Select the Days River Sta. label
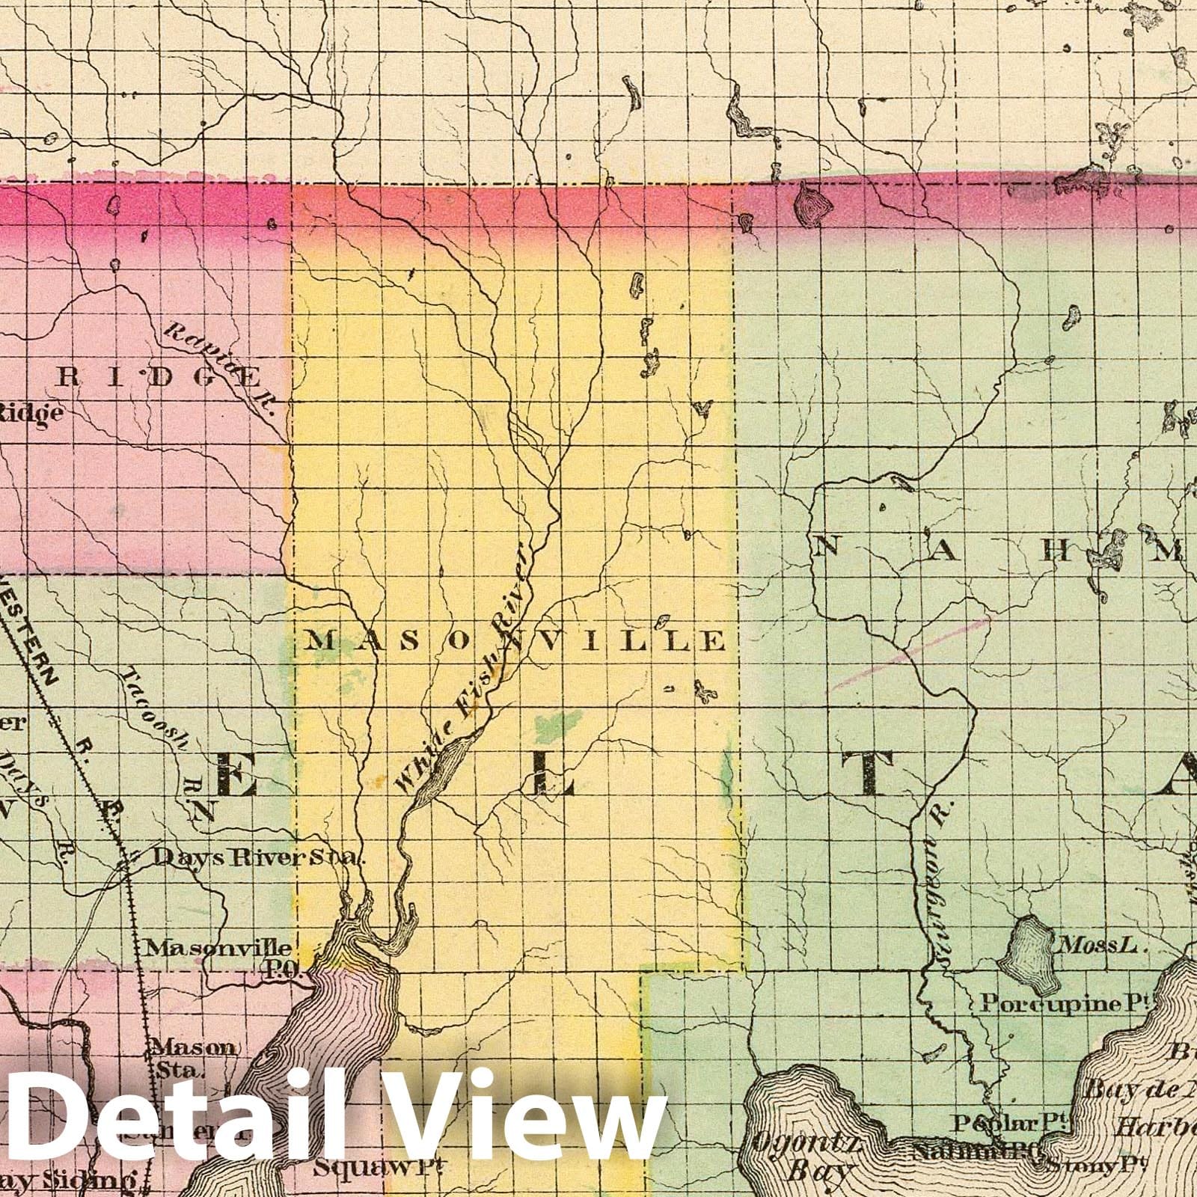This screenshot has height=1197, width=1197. [258, 857]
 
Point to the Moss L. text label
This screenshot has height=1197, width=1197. [1097, 946]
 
